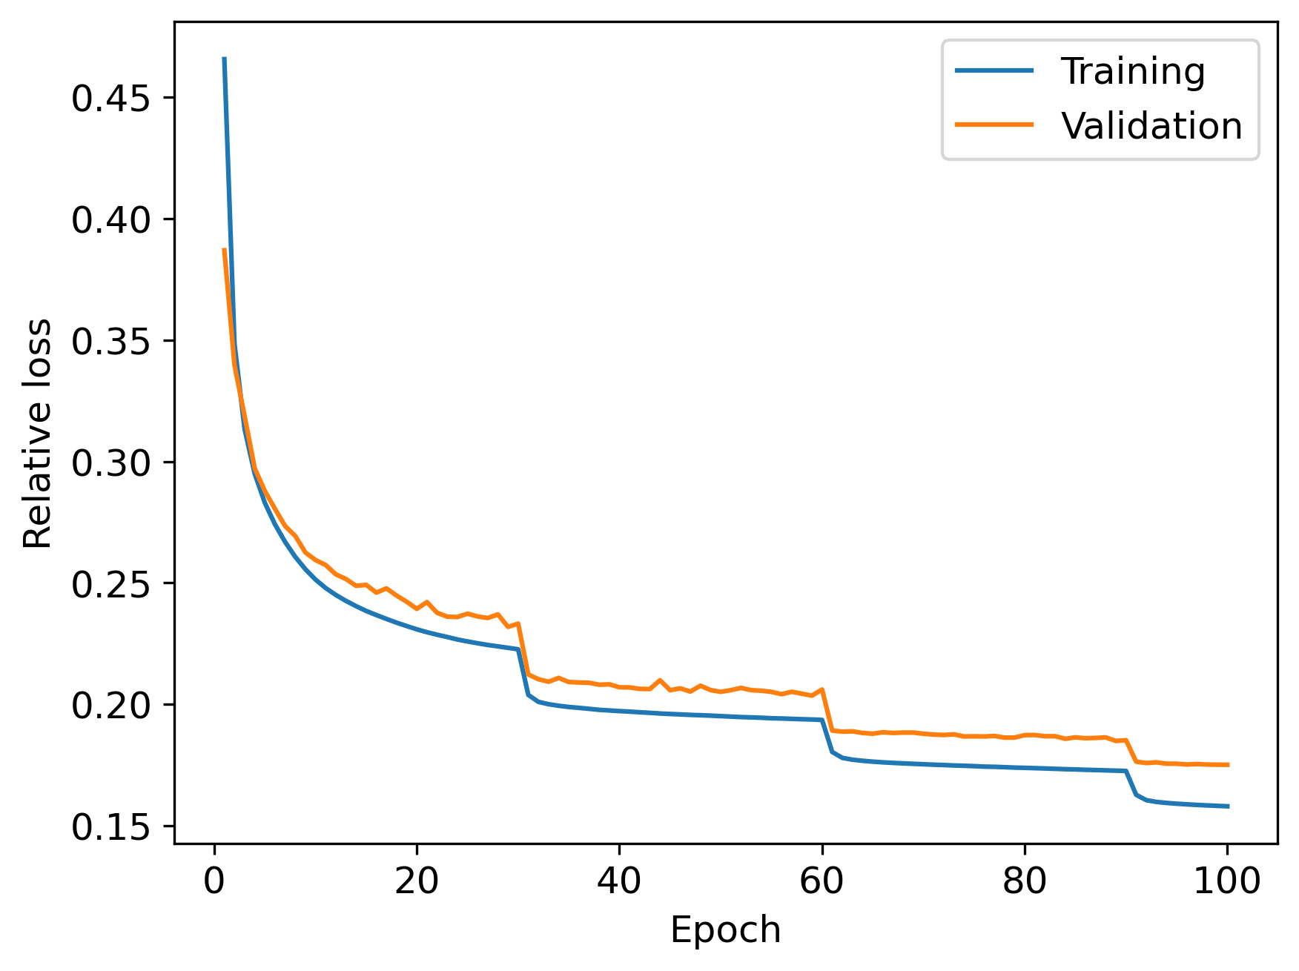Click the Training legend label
1132,72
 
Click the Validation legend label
1151,126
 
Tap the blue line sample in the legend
994,71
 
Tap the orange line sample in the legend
994,125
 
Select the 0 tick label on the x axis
215,882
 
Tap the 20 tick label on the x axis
417,882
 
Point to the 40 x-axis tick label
620,882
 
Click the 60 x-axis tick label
822,882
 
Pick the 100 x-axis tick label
1227,882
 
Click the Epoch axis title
725,929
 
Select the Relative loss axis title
37,434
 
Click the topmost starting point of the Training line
225,59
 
